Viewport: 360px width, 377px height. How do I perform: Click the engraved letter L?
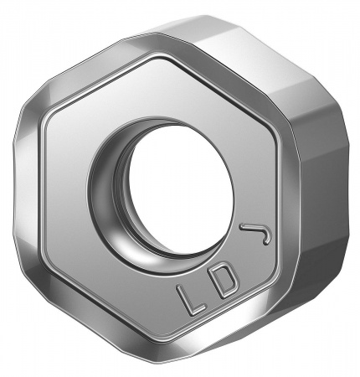click(x=187, y=298)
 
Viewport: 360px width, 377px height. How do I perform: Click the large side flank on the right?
click(x=322, y=201)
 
